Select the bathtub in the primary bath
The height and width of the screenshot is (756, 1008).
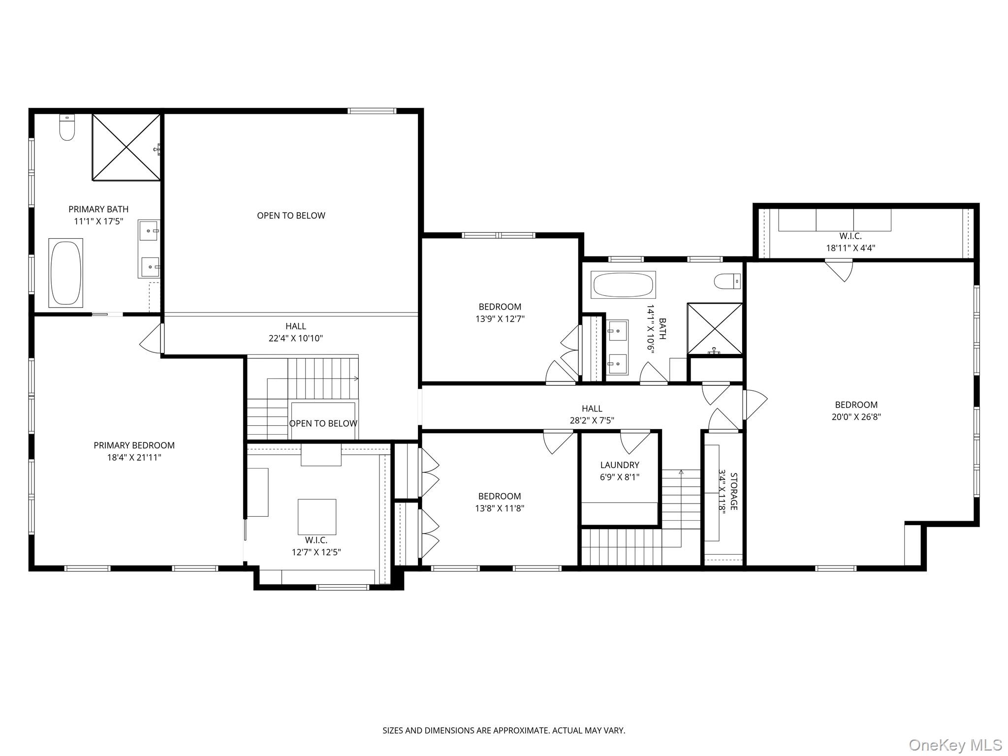[65, 272]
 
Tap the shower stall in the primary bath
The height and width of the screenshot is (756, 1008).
[126, 147]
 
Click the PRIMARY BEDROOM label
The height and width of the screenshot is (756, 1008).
[134, 445]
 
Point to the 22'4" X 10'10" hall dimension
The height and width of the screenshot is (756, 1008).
[295, 338]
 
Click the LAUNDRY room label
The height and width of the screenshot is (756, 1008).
[619, 465]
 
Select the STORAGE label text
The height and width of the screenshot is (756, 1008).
[733, 491]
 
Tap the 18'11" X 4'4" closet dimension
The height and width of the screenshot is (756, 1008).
[850, 248]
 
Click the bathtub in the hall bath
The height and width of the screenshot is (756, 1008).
[623, 285]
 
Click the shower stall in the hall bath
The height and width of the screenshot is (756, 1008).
[715, 328]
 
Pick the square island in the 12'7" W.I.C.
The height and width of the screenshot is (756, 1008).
[317, 517]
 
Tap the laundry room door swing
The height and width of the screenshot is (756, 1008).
[635, 441]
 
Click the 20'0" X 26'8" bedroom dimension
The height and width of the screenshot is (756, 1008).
[856, 417]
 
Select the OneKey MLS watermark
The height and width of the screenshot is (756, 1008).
[955, 745]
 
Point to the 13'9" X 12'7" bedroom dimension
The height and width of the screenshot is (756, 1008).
[500, 318]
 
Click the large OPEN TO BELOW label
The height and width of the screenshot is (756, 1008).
[291, 215]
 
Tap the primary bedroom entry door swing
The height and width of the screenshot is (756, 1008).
[152, 338]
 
